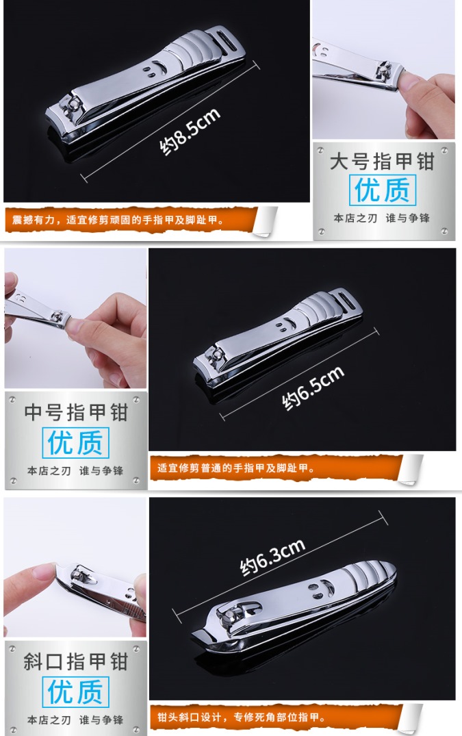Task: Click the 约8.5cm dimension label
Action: pos(190,132)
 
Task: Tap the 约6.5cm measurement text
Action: pos(313,388)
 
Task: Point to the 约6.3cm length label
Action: pos(272,557)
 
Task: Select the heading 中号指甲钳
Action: pos(76,412)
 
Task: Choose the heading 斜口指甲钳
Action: pos(76,661)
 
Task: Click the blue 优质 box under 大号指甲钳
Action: pos(383,190)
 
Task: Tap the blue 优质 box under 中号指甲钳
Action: pos(75,443)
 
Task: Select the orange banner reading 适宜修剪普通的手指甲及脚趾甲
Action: pos(276,468)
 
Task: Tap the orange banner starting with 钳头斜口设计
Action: pos(276,718)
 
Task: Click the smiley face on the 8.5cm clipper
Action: pos(155,68)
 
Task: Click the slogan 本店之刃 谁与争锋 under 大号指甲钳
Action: pos(382,218)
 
